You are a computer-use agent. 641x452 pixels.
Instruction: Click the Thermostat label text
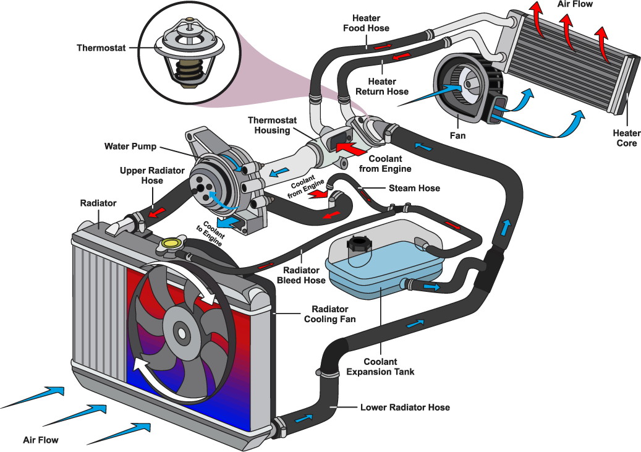101,48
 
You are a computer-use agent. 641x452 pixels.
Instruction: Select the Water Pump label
130,147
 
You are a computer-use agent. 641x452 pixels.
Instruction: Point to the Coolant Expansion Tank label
380,367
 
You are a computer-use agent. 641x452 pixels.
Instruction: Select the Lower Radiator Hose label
405,407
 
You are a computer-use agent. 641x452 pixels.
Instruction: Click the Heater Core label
626,138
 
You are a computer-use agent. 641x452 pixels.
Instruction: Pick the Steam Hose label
414,188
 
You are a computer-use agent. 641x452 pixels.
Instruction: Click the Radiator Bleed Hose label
301,275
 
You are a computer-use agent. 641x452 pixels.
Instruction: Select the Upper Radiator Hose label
141,175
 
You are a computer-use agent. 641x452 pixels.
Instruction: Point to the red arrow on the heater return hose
401,57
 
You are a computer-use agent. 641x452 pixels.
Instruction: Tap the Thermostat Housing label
269,125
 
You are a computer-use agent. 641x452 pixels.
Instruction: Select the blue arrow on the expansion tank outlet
431,287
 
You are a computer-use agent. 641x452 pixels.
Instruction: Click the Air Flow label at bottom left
40,440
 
